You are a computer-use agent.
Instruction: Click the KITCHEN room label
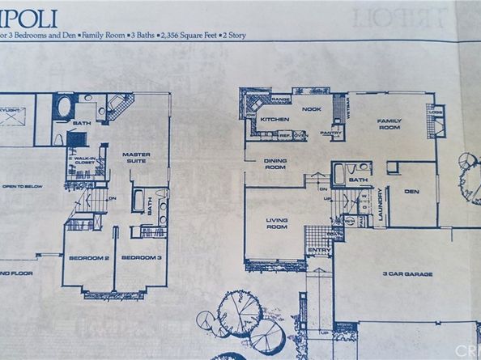click(275, 119)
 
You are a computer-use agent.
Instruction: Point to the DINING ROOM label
click(275, 163)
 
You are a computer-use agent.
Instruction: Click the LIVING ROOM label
click(278, 222)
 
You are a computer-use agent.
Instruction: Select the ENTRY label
click(319, 252)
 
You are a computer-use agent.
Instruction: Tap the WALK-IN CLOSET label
click(84, 160)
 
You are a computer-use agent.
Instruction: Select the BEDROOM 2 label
click(87, 258)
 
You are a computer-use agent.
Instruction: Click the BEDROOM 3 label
click(137, 258)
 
